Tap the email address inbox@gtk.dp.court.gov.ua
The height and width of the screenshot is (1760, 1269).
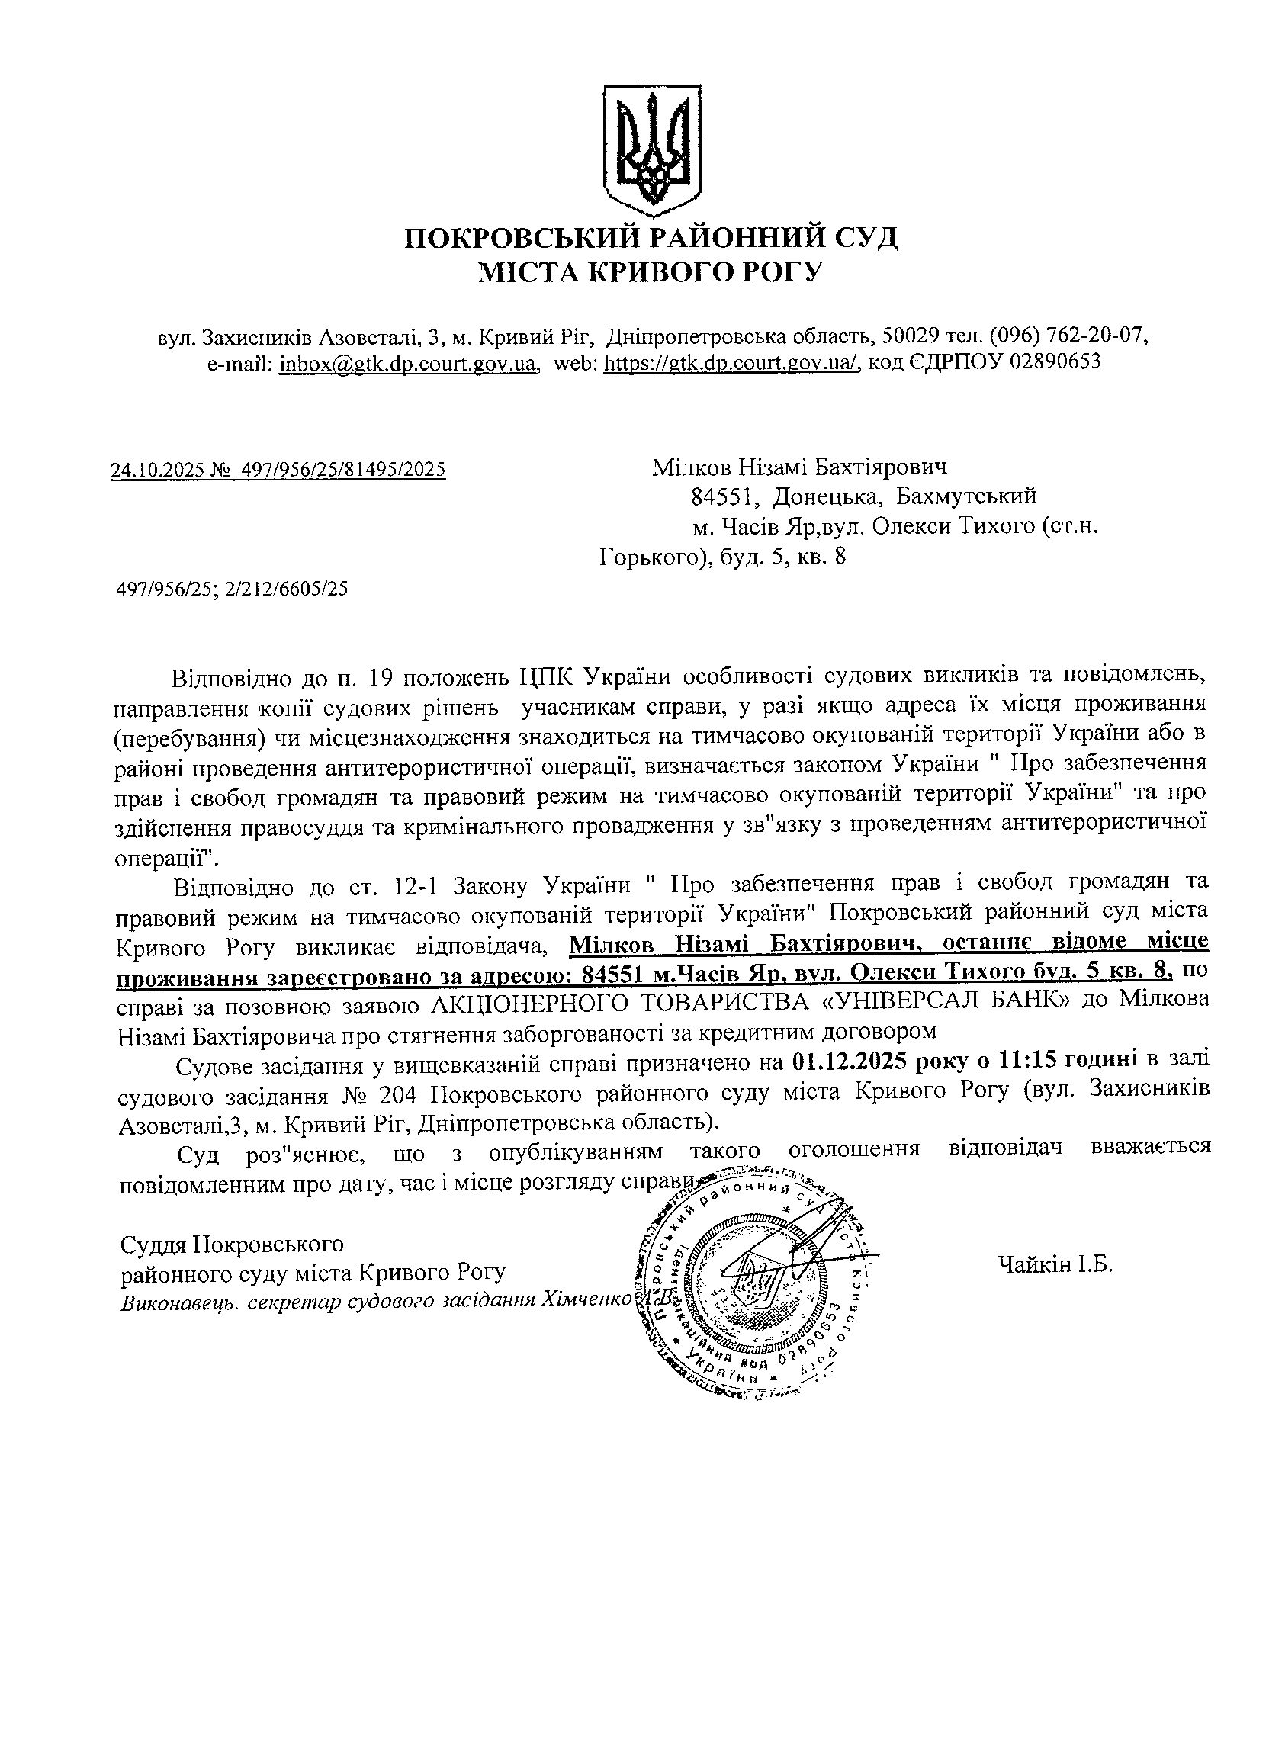tap(408, 362)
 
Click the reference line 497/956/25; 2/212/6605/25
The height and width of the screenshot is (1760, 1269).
tap(231, 589)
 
